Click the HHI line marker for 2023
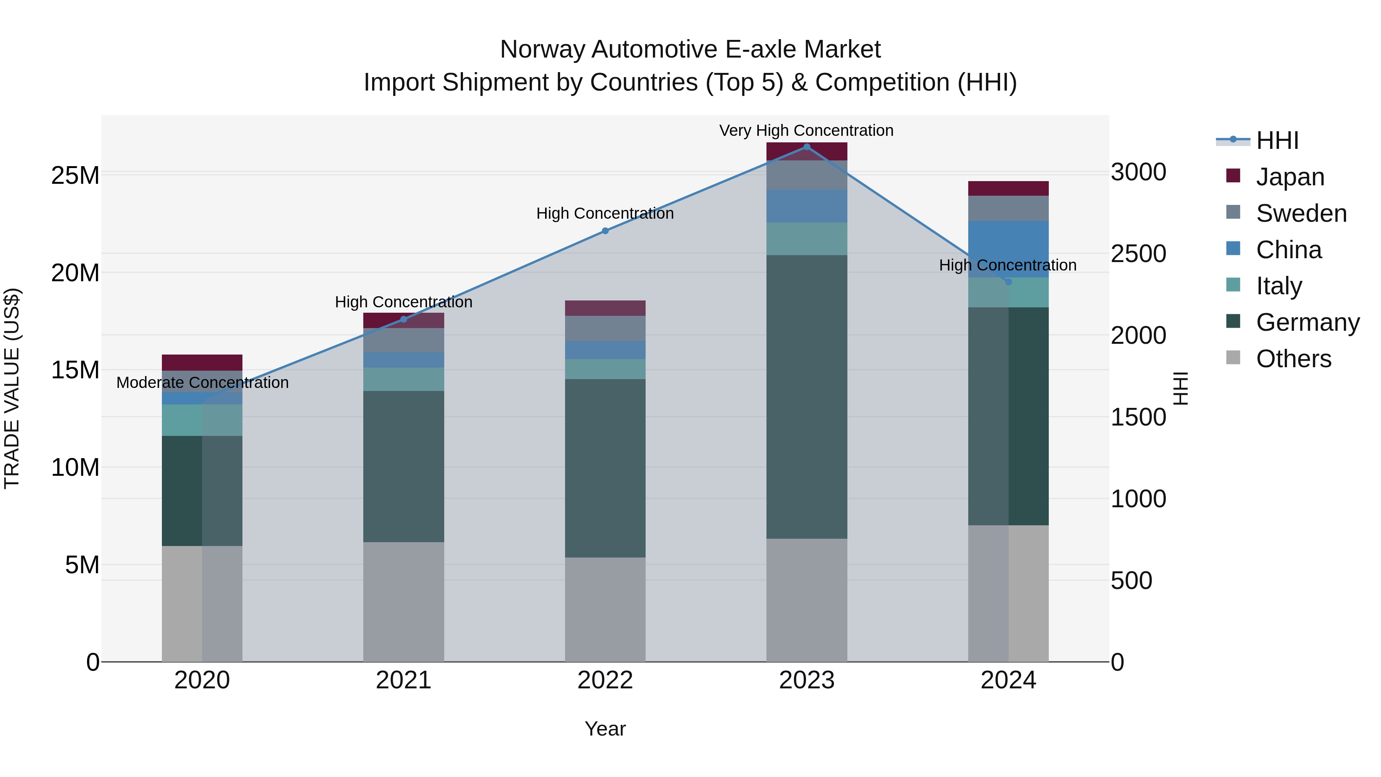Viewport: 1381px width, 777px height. (x=806, y=147)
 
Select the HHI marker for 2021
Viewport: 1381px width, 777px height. (x=404, y=320)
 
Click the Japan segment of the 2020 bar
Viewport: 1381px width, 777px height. (x=202, y=363)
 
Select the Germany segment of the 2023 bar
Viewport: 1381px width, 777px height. (x=806, y=397)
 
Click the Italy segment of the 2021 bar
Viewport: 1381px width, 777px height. (x=404, y=379)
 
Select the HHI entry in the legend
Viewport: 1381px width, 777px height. (x=1277, y=140)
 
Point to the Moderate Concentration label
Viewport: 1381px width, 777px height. (x=202, y=383)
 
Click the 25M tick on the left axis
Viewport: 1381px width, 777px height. (x=75, y=176)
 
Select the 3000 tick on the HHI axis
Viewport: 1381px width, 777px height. (x=1138, y=172)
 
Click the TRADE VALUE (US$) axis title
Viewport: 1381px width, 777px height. (x=12, y=388)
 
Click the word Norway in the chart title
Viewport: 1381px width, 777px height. (x=542, y=50)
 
